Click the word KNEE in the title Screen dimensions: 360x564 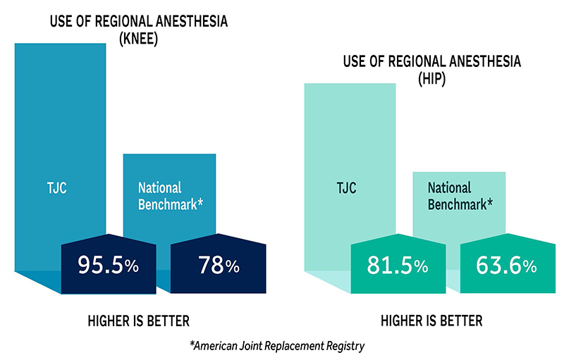[138, 39]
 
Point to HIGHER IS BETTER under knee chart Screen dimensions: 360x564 [139, 321]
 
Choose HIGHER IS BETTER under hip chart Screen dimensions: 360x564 [431, 321]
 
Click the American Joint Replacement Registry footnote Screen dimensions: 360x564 [282, 345]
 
